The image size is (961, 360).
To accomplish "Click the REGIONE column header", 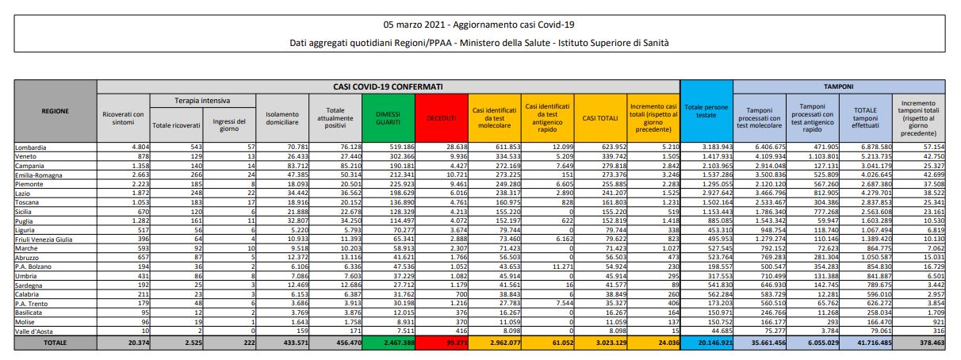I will click(x=55, y=111).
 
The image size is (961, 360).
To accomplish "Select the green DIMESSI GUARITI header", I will click(x=388, y=117).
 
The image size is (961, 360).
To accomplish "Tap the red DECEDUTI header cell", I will click(x=442, y=117).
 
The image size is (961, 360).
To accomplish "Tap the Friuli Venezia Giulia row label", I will click(x=45, y=237).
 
